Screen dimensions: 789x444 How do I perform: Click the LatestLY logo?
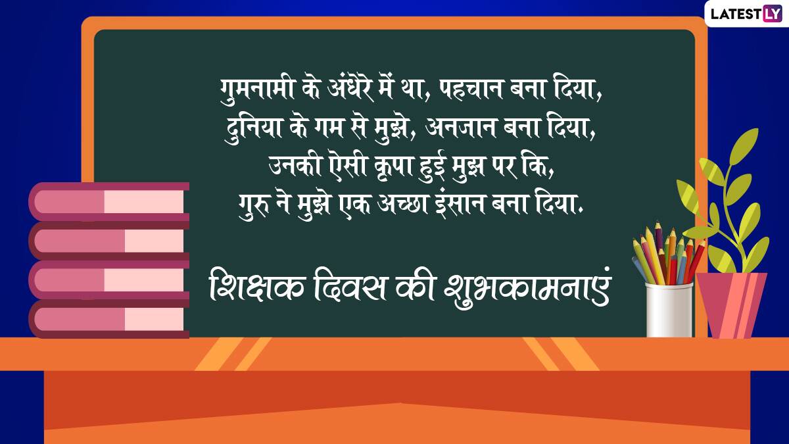click(746, 14)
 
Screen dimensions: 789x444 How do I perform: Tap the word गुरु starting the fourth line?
click(254, 206)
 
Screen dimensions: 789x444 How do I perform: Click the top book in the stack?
click(109, 201)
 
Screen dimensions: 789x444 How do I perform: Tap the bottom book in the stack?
click(109, 319)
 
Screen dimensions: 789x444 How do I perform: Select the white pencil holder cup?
click(669, 310)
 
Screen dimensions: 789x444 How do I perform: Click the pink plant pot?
click(732, 305)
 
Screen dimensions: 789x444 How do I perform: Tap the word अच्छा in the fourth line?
click(402, 205)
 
